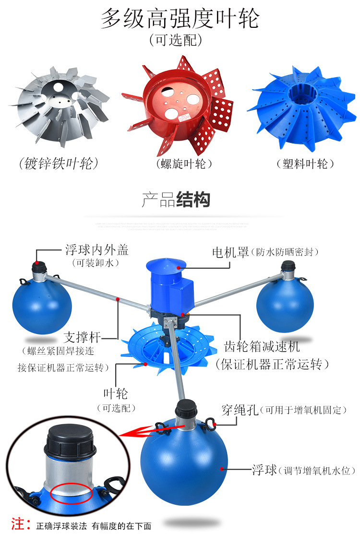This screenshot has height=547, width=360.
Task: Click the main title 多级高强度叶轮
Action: (180, 19)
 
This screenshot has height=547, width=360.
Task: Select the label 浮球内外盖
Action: (96, 250)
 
